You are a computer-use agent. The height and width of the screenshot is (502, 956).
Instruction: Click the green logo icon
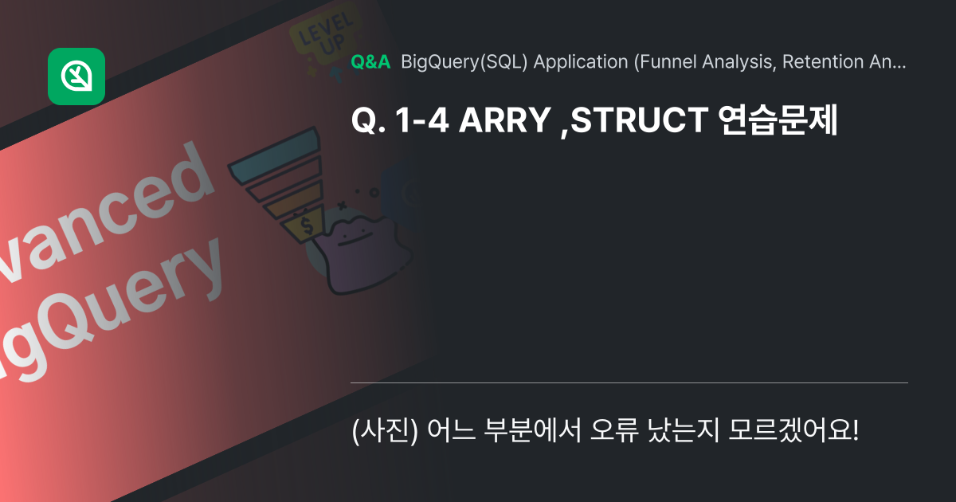(76, 76)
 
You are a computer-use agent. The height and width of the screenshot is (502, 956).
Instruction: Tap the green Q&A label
(370, 62)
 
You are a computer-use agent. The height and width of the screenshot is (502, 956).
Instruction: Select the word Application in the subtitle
(580, 62)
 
